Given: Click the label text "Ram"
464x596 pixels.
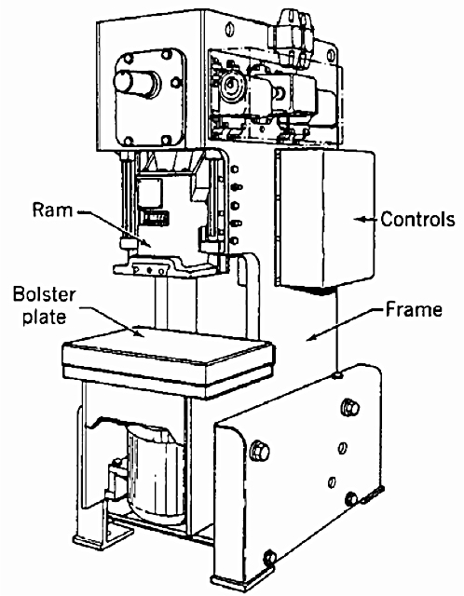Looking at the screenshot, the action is pyautogui.click(x=52, y=210).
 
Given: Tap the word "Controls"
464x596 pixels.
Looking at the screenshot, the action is pyautogui.click(x=417, y=220).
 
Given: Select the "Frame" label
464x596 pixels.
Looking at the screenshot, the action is pyautogui.click(x=414, y=309).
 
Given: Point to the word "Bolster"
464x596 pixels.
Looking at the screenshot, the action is pyautogui.click(x=44, y=295).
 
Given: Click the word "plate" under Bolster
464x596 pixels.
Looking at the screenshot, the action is pyautogui.click(x=44, y=317).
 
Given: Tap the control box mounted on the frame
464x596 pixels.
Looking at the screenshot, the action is pyautogui.click(x=324, y=217).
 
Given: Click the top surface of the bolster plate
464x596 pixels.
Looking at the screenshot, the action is pyautogui.click(x=168, y=345).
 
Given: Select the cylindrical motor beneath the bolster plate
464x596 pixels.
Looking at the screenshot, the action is pyautogui.click(x=156, y=475).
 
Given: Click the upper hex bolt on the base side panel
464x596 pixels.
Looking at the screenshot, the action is pyautogui.click(x=350, y=408).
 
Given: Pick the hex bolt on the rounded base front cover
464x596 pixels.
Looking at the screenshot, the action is pyautogui.click(x=260, y=451).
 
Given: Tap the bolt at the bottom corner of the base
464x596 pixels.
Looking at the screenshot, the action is pyautogui.click(x=269, y=558).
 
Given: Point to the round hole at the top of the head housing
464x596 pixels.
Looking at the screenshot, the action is pyautogui.click(x=229, y=29).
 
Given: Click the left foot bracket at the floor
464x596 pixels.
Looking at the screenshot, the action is pyautogui.click(x=102, y=539).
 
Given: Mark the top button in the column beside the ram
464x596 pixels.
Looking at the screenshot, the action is pyautogui.click(x=235, y=169).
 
